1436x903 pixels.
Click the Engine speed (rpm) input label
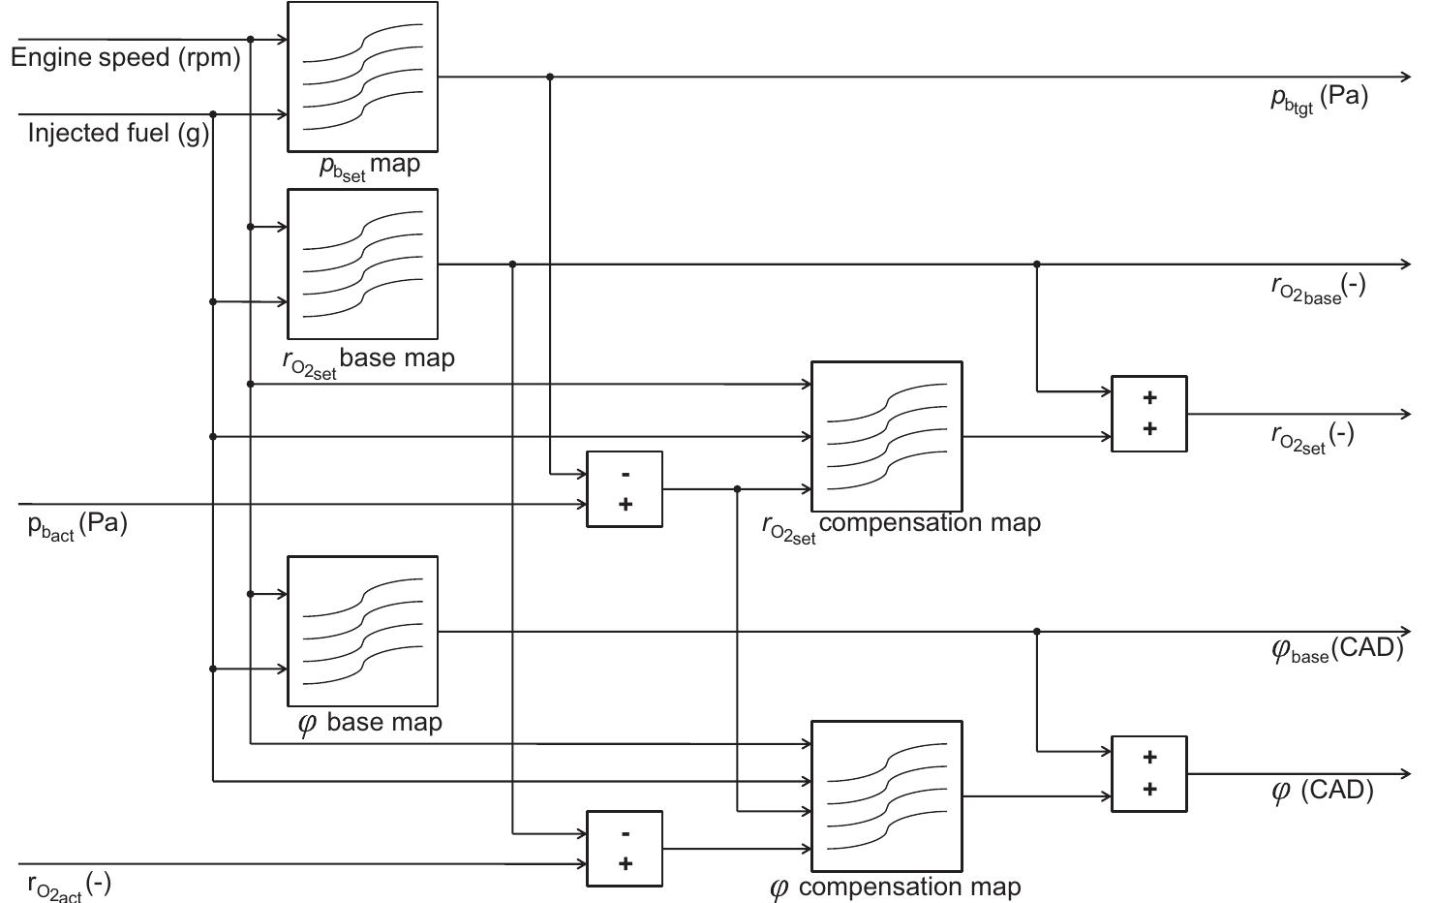(125, 58)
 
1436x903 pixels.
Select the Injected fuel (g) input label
(118, 133)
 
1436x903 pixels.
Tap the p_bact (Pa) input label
(77, 526)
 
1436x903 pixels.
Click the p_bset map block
(362, 77)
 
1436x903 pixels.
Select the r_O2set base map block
(362, 264)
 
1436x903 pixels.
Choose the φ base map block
(362, 631)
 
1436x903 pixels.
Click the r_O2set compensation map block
(886, 436)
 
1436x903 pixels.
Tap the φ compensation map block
(886, 795)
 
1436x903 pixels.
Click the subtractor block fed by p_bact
(625, 489)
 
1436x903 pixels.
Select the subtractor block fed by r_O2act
(625, 849)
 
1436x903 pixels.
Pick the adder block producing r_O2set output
(1148, 414)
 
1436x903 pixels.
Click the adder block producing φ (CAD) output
(1148, 773)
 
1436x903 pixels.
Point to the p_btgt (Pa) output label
(1319, 99)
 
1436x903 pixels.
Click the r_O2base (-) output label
(1318, 288)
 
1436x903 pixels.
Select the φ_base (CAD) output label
(1336, 649)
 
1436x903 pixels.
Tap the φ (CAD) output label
(1322, 792)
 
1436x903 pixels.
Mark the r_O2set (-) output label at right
(1312, 437)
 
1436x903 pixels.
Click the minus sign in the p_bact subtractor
(626, 474)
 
